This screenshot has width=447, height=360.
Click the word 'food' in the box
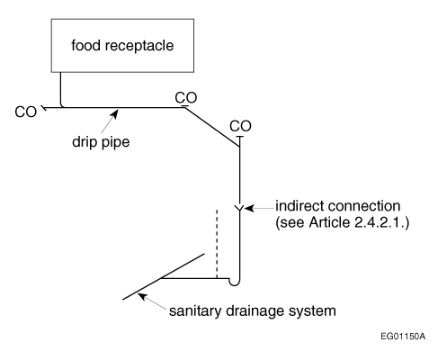(x=85, y=45)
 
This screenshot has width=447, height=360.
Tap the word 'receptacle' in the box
(x=139, y=46)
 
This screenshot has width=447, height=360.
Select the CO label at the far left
(x=25, y=112)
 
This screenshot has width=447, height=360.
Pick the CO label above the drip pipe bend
(x=186, y=97)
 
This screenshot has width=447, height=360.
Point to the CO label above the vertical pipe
(x=240, y=126)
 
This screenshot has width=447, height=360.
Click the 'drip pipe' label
(x=101, y=142)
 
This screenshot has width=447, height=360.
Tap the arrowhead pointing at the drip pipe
(x=114, y=113)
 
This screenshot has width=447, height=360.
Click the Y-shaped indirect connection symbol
(x=239, y=208)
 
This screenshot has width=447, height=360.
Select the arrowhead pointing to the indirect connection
(x=249, y=208)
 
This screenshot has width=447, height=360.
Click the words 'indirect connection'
(x=338, y=206)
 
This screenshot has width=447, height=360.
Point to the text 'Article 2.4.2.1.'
(x=359, y=222)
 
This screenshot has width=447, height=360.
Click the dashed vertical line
(x=217, y=244)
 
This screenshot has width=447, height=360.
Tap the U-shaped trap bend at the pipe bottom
(x=235, y=282)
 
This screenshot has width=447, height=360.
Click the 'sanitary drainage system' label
(x=253, y=310)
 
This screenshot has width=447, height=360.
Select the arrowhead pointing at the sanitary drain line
(x=142, y=296)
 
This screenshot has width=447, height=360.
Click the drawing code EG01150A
(x=403, y=337)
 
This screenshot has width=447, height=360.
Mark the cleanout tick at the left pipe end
(x=43, y=107)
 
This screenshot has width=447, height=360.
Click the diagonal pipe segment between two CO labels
(x=212, y=127)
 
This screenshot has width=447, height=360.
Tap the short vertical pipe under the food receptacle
(x=60, y=89)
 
